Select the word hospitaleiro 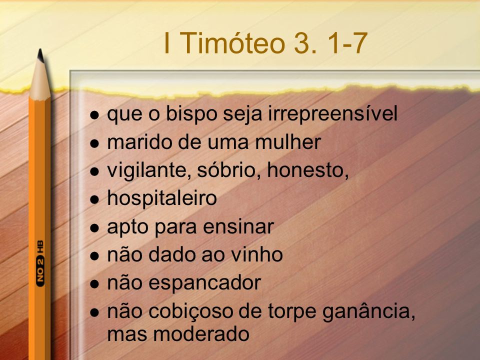coord(162,199)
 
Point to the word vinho coord(256,255)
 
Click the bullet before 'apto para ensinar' coord(95,228)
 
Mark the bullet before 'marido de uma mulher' coord(95,143)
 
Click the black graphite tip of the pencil coord(40,54)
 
